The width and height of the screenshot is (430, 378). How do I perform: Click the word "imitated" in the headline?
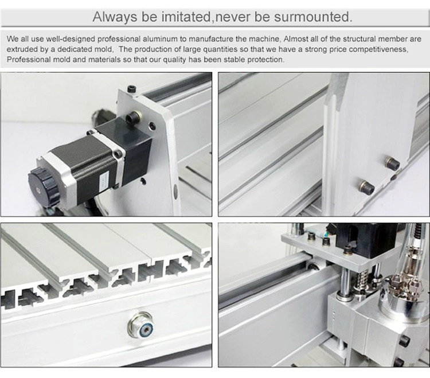coord(186,17)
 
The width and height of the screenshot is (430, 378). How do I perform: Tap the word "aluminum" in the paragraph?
coord(160,39)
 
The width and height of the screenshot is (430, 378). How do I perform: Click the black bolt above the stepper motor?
coord(133,118)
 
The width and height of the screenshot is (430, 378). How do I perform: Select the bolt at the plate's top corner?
coord(130,89)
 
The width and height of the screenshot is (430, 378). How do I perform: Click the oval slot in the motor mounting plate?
coord(175,190)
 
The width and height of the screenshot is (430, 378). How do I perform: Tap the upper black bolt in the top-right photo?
coord(392,162)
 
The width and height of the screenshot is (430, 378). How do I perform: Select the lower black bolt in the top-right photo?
coord(366,186)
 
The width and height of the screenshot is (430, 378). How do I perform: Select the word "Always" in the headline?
coord(115,17)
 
